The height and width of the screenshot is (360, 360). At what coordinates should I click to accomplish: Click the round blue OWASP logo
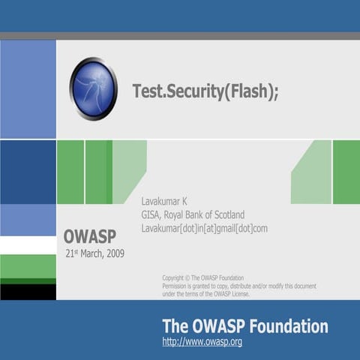point(93,89)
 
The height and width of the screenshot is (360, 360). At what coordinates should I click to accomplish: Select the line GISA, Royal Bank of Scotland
point(193,214)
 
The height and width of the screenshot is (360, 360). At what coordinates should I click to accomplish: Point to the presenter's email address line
point(204,228)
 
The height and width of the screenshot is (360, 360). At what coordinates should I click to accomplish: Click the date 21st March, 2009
point(94,253)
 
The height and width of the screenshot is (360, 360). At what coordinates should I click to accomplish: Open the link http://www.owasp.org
point(202,342)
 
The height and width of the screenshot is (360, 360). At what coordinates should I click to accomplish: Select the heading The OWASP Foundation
point(244,326)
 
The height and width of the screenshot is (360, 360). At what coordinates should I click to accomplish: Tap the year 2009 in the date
point(114,253)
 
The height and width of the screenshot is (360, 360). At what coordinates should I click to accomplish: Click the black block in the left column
point(28,291)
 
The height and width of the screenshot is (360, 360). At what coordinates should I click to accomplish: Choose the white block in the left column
point(28,245)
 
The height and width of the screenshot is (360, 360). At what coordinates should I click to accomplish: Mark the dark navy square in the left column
point(28,172)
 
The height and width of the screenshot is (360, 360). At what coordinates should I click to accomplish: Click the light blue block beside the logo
point(28,89)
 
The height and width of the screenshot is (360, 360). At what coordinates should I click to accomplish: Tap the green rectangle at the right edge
point(346,172)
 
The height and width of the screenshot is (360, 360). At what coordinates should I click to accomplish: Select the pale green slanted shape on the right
point(313,174)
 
